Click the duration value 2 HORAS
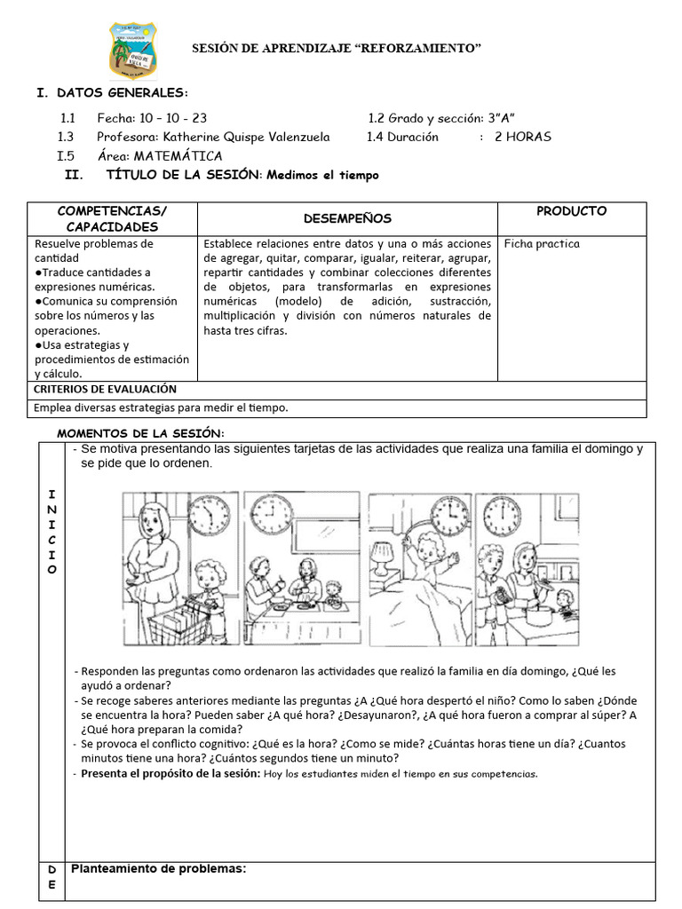[523, 137]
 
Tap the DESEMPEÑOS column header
[347, 218]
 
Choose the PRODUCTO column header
[572, 211]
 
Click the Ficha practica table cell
[542, 243]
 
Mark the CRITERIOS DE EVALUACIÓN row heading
[105, 389]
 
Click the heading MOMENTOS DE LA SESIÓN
[140, 432]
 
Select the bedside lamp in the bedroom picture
[383, 559]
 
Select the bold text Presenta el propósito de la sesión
[170, 773]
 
